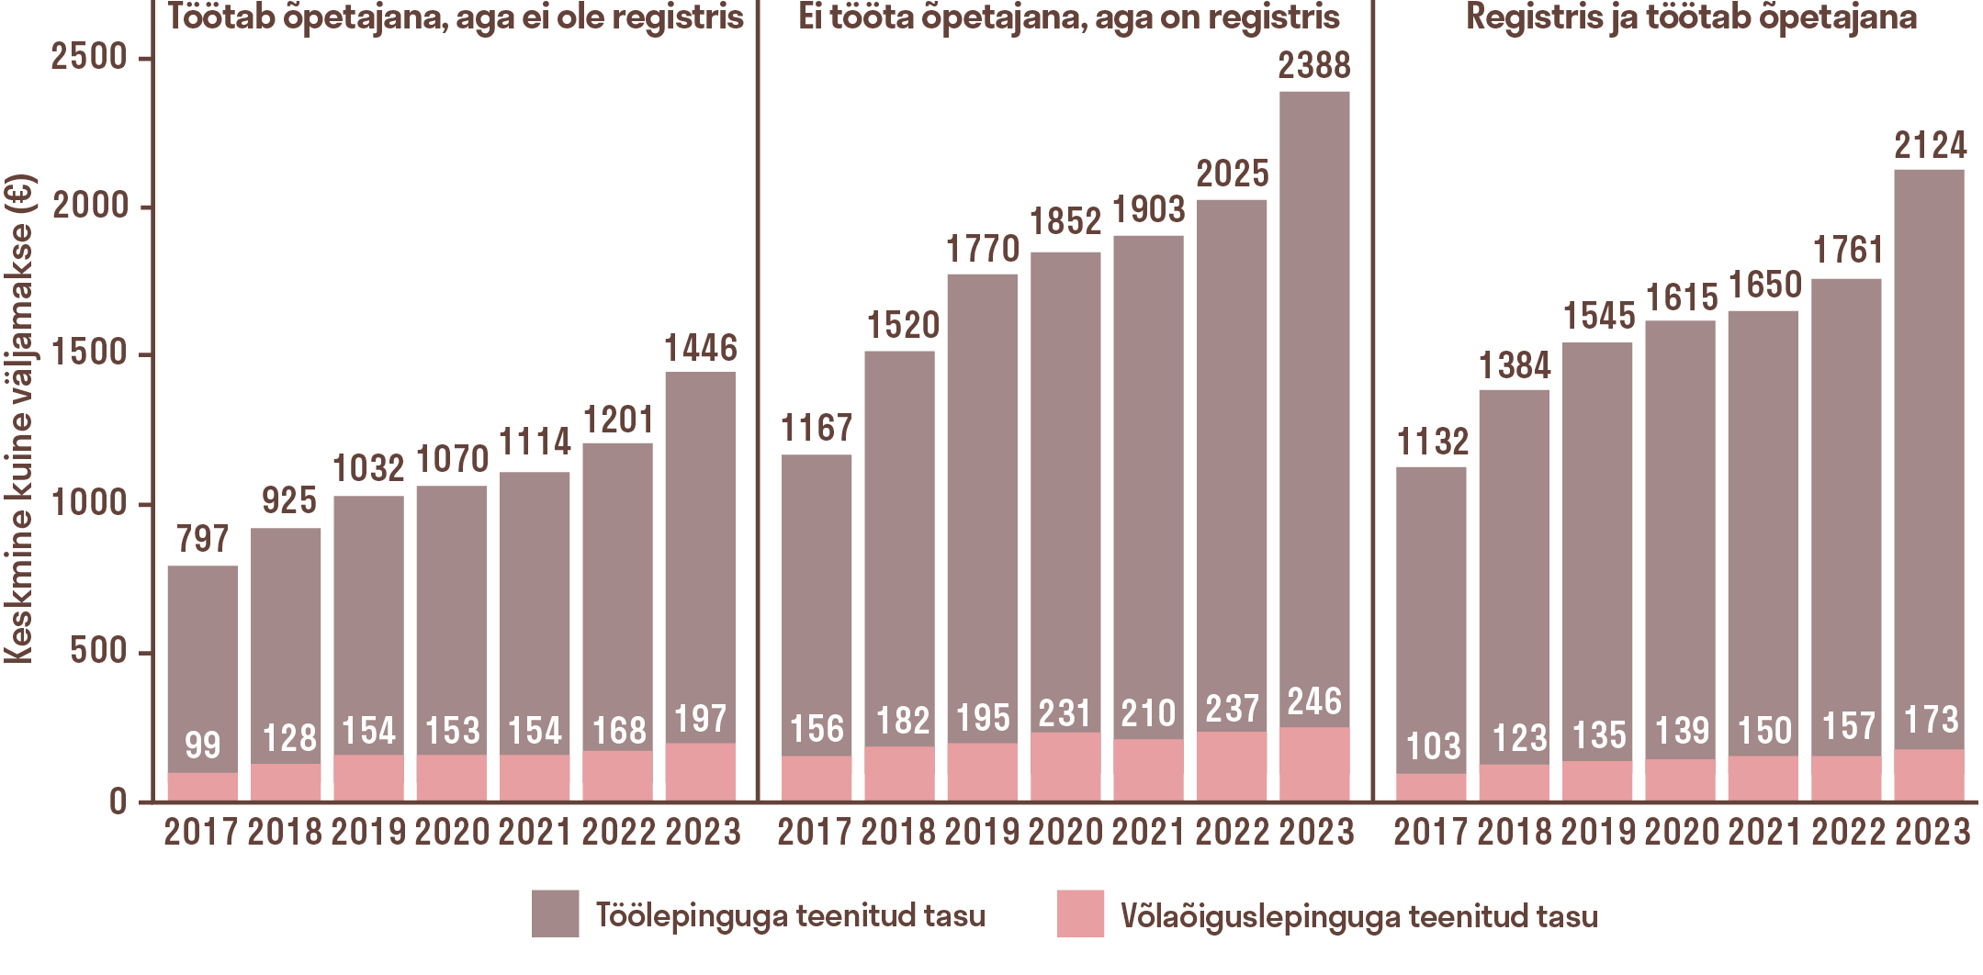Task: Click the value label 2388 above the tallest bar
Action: click(1314, 66)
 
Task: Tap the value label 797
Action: click(203, 539)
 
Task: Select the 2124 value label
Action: click(1931, 146)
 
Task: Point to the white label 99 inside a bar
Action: click(203, 745)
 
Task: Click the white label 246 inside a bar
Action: click(1314, 702)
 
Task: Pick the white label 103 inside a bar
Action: click(1433, 745)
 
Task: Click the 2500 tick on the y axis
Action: click(89, 58)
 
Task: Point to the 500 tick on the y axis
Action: click(99, 652)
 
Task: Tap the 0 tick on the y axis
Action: click(118, 802)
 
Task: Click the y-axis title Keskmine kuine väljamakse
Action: click(18, 419)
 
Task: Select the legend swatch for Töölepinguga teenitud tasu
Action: click(555, 913)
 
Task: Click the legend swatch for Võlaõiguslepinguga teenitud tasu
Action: click(1080, 913)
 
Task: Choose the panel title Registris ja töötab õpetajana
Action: click(1691, 17)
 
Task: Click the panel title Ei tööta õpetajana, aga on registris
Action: click(1068, 17)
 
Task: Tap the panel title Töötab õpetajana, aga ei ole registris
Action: click(456, 17)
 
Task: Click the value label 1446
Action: click(701, 349)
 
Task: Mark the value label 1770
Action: click(983, 250)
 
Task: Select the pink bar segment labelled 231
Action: click(1065, 766)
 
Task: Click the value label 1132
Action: click(1433, 443)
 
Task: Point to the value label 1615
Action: click(1681, 298)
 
